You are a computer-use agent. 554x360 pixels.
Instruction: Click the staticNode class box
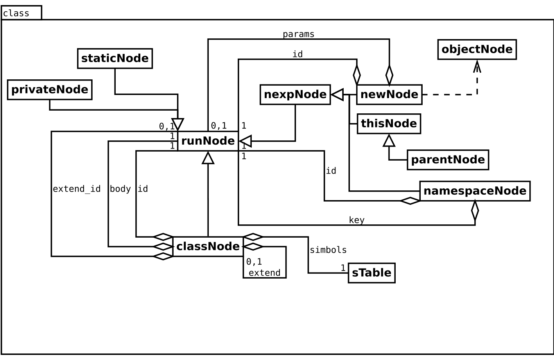115,59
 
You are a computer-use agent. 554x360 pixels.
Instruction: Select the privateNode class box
50,90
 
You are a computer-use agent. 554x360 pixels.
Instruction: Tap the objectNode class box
477,50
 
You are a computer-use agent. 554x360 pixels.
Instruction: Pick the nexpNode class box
295,95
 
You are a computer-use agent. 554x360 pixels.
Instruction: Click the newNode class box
389,95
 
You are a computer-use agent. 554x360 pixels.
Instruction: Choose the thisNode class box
389,124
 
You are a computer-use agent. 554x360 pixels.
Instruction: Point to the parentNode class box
448,160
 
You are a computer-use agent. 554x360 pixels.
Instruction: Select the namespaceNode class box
475,191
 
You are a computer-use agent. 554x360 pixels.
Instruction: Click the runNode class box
208,141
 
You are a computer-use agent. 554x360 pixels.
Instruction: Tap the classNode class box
208,247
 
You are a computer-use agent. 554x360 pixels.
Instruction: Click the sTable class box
371,273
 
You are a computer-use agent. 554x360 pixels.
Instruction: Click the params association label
298,34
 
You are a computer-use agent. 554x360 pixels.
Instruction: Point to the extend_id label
77,189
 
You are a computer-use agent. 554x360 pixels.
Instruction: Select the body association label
120,189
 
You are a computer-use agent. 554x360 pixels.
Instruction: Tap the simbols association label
328,250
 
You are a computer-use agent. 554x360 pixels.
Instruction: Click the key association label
357,220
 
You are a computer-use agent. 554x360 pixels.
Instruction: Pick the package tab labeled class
21,13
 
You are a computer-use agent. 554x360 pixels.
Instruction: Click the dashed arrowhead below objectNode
477,66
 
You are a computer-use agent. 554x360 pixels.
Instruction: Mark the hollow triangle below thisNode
389,140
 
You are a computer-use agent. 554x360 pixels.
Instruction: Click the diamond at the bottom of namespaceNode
475,210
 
